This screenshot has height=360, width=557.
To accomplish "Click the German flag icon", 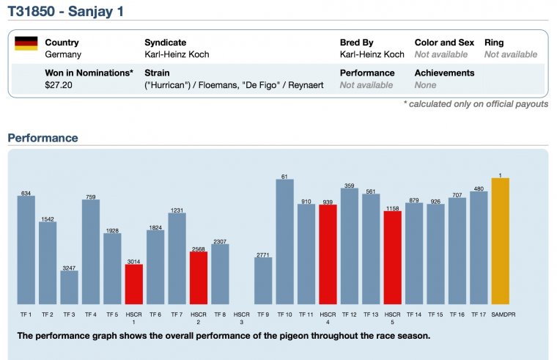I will pos(26,43).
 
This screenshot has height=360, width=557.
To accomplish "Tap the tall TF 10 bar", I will pos(284,241).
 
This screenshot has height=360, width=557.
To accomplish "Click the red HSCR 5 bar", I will pos(392,257).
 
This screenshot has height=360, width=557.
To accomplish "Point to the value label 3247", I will pos(69,268).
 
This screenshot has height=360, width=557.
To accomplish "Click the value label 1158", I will pos(392,207).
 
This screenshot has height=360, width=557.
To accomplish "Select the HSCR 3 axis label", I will pos(241,317).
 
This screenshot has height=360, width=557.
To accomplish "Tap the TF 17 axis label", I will pos(479,314).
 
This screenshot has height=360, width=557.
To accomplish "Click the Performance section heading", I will pos(43,138).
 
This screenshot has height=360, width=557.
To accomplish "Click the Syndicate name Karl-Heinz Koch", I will pos(177,54).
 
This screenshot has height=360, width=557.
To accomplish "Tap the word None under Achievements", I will pos(425,85).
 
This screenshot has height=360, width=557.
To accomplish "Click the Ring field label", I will pos(494,43).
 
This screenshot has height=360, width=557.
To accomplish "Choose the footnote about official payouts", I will pos(476,104).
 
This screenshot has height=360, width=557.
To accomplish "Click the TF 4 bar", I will pos(90,251).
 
